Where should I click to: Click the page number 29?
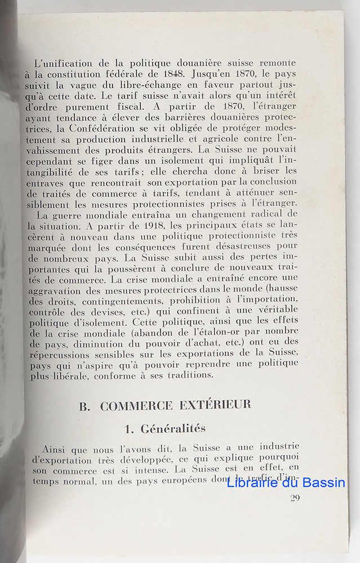click(295, 498)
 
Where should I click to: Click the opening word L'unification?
click(61, 62)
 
